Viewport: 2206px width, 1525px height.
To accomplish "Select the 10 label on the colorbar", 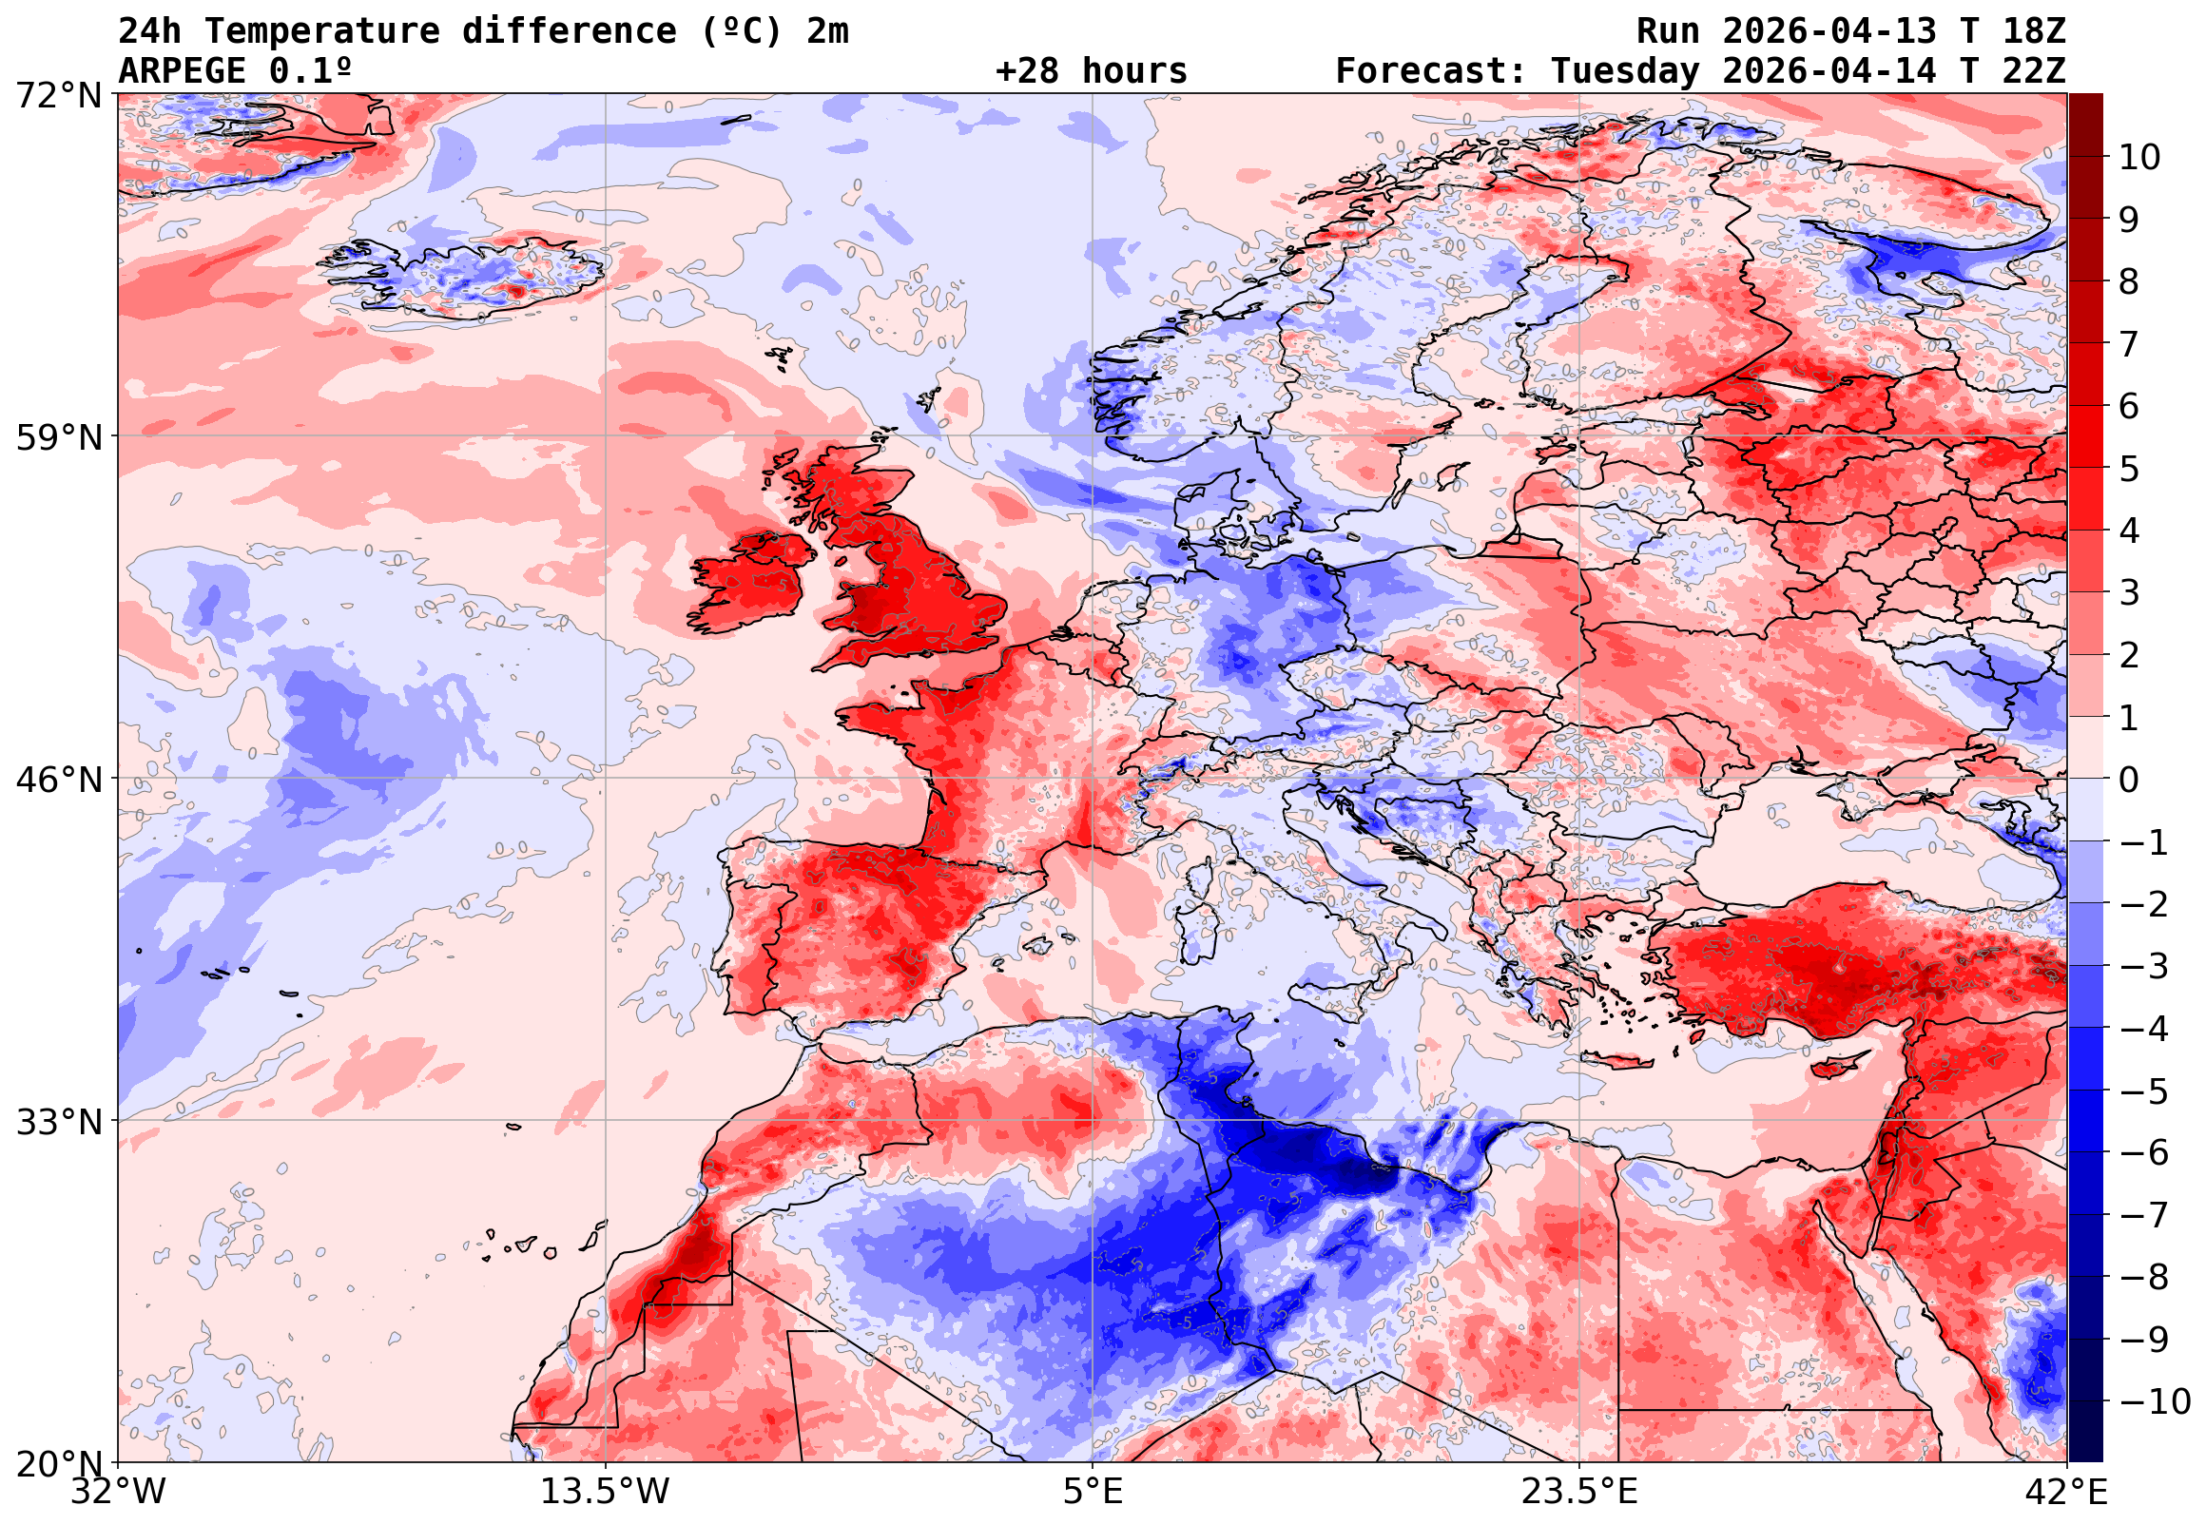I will click(x=2139, y=158).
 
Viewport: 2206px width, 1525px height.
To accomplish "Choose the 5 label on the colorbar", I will click(x=2129, y=469).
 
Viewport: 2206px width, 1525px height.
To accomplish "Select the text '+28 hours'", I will click(x=1091, y=71).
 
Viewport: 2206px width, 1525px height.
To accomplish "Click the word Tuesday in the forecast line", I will click(x=1625, y=71).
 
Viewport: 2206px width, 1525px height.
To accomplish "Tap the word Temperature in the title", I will click(x=322, y=31).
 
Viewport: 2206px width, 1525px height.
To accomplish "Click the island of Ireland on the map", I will click(x=750, y=585).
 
